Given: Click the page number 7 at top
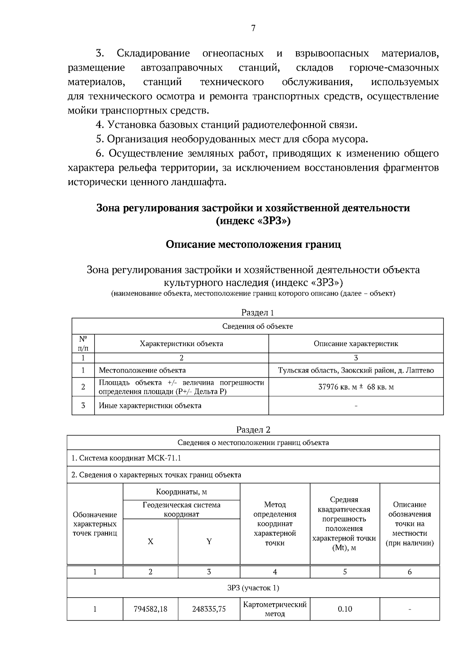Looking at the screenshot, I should [x=253, y=28].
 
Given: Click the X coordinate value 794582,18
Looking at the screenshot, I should [x=151, y=609].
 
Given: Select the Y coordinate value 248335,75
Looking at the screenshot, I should [x=209, y=609].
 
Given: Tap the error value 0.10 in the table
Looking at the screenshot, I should [x=345, y=609].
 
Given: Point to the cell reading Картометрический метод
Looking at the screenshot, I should [x=275, y=609].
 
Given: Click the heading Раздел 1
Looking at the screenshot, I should [x=257, y=313].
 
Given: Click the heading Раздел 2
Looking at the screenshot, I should [x=253, y=429].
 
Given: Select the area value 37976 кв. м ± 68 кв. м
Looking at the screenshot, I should [x=356, y=387].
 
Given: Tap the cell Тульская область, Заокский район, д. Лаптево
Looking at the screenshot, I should [x=356, y=370].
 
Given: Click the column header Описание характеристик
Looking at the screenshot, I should [x=356, y=343].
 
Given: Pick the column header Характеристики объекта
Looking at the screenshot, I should [x=181, y=343].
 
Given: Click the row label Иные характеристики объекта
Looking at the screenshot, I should [x=150, y=406].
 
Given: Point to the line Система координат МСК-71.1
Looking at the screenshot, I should [x=126, y=458].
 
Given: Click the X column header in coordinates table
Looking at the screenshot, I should [x=151, y=541].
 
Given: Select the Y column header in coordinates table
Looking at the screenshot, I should [x=209, y=541].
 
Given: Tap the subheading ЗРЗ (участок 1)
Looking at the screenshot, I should [x=253, y=588].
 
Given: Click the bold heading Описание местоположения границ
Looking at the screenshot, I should [x=253, y=244].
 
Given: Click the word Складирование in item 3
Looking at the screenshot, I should [x=153, y=53].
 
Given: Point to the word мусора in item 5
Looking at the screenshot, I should [x=349, y=139].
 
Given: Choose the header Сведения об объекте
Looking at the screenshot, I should [x=257, y=326].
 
